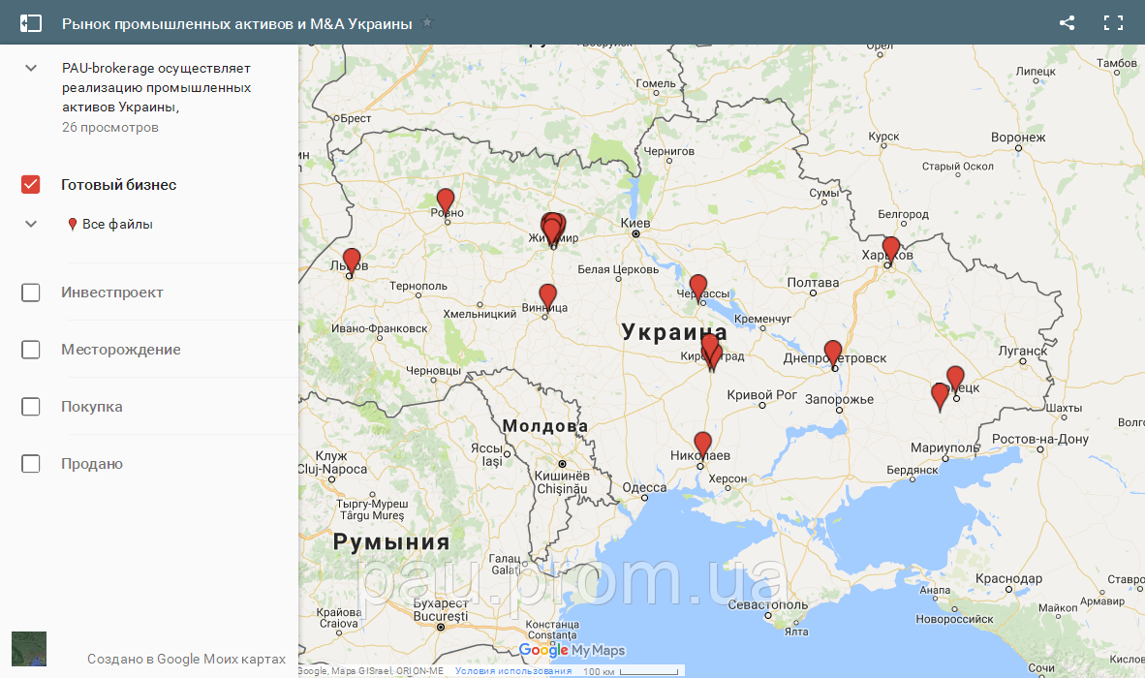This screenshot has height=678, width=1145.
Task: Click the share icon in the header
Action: point(1067,23)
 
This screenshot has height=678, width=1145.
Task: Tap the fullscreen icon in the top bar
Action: point(1113,23)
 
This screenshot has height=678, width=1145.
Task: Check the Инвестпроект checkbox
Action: point(31,293)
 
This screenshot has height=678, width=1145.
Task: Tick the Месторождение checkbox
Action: point(31,350)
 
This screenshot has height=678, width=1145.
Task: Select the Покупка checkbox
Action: point(31,407)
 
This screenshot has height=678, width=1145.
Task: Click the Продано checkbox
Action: point(31,464)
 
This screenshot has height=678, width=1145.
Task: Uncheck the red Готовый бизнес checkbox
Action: point(31,185)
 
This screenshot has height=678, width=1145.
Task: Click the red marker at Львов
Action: point(352,260)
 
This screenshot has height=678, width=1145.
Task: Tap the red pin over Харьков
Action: point(891,247)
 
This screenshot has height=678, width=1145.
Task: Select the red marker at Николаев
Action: point(703,443)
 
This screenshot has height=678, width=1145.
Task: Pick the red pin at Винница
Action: point(547,294)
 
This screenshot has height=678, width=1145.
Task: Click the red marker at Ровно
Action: point(445,200)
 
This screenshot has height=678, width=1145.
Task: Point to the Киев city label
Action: point(634,222)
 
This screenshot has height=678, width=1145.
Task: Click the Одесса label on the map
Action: point(644,487)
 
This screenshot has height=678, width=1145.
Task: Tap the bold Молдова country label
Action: point(544,426)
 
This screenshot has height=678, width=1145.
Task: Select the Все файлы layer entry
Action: point(117,225)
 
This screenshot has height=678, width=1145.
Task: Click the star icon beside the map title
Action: point(427,22)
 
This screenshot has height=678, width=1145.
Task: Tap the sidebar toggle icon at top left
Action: point(31,23)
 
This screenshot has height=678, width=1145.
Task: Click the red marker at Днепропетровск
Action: point(833,352)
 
